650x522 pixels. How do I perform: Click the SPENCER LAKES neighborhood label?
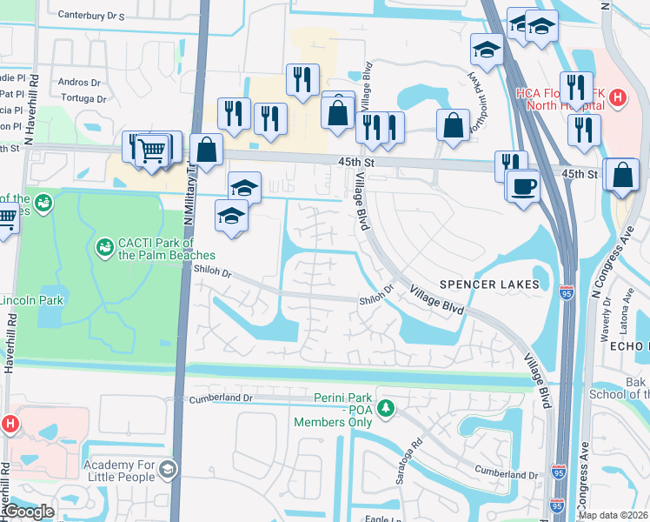pyautogui.click(x=495, y=284)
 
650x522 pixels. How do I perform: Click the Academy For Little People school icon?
pyautogui.click(x=168, y=471)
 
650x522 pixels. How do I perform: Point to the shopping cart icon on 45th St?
pyautogui.click(x=152, y=150)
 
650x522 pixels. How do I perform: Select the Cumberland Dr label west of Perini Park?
pyautogui.click(x=222, y=398)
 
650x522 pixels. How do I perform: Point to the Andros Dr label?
pyautogui.click(x=79, y=83)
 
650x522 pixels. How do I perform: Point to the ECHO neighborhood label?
pyautogui.click(x=632, y=345)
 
